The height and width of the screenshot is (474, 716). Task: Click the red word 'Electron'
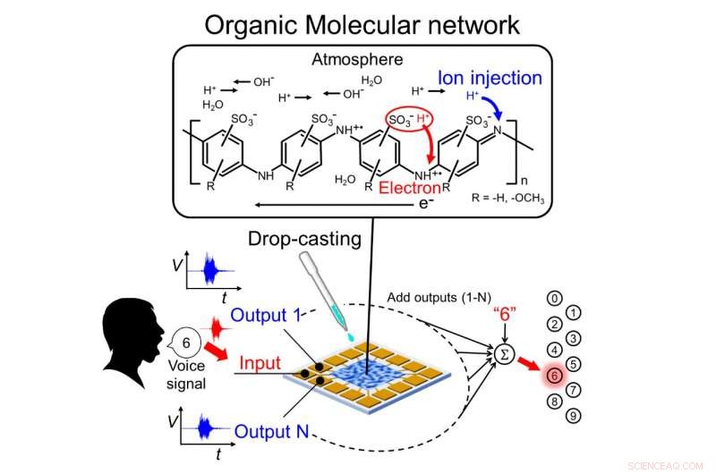(409, 188)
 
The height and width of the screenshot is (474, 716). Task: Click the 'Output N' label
(271, 432)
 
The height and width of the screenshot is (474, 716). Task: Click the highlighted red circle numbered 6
(556, 377)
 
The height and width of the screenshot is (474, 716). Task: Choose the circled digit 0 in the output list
(556, 299)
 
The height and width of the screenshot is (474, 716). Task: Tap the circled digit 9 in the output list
(574, 415)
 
